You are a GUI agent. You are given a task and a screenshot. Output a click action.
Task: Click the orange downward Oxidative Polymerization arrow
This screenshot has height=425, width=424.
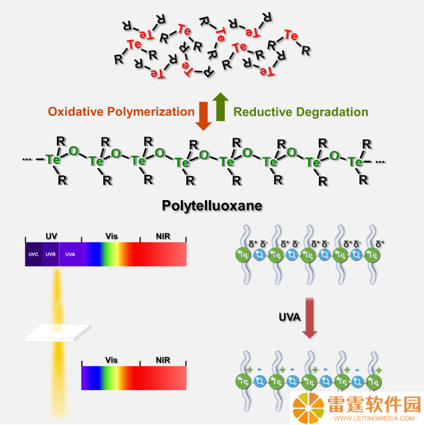click(204, 116)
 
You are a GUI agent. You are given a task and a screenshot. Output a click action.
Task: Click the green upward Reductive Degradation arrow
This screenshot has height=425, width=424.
click(220, 106)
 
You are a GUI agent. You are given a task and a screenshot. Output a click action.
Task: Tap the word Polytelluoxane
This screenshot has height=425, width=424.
click(212, 205)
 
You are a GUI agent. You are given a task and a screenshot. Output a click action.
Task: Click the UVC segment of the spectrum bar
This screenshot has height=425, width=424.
click(33, 254)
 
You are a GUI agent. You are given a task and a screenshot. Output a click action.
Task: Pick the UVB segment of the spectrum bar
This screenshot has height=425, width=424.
click(50, 254)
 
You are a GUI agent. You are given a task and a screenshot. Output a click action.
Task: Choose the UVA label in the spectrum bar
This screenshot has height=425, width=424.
click(70, 254)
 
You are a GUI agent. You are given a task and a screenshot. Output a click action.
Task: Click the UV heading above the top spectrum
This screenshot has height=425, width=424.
click(52, 236)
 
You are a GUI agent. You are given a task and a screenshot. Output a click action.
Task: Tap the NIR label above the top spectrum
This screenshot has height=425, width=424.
click(163, 236)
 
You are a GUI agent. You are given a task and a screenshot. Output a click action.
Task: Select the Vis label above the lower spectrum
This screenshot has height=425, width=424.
click(111, 360)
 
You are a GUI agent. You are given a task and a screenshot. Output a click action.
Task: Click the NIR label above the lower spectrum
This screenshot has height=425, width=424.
click(163, 360)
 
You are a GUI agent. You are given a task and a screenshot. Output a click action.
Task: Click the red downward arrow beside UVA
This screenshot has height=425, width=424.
click(309, 318)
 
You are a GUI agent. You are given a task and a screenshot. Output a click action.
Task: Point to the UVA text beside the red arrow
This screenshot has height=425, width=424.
click(289, 317)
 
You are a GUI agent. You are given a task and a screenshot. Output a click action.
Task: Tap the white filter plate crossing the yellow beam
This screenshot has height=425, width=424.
click(58, 333)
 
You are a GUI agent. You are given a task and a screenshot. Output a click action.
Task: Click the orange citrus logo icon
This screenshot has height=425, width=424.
click(308, 408)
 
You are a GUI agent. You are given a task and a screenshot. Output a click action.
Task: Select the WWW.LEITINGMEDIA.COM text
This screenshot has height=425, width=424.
click(374, 418)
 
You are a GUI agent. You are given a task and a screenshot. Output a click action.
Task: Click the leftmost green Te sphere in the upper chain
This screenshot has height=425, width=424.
click(243, 255)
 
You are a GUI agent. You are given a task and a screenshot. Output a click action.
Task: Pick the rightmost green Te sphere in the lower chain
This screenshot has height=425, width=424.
click(374, 381)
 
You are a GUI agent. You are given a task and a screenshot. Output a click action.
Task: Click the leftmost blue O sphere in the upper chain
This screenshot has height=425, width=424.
click(259, 255)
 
